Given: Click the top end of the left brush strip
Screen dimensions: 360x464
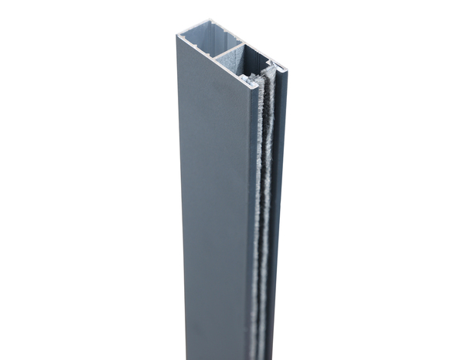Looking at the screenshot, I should [255, 78].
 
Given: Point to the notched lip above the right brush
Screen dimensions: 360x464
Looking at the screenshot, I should [272, 63].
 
